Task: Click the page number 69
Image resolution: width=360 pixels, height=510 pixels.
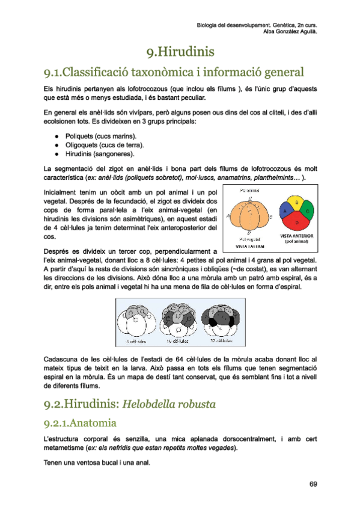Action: pos(313,484)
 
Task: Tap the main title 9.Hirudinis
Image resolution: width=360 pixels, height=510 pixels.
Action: pos(180,53)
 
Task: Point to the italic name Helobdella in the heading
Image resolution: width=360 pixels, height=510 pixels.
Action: pos(153,404)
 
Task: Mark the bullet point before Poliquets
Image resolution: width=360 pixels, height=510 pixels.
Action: pos(55,136)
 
